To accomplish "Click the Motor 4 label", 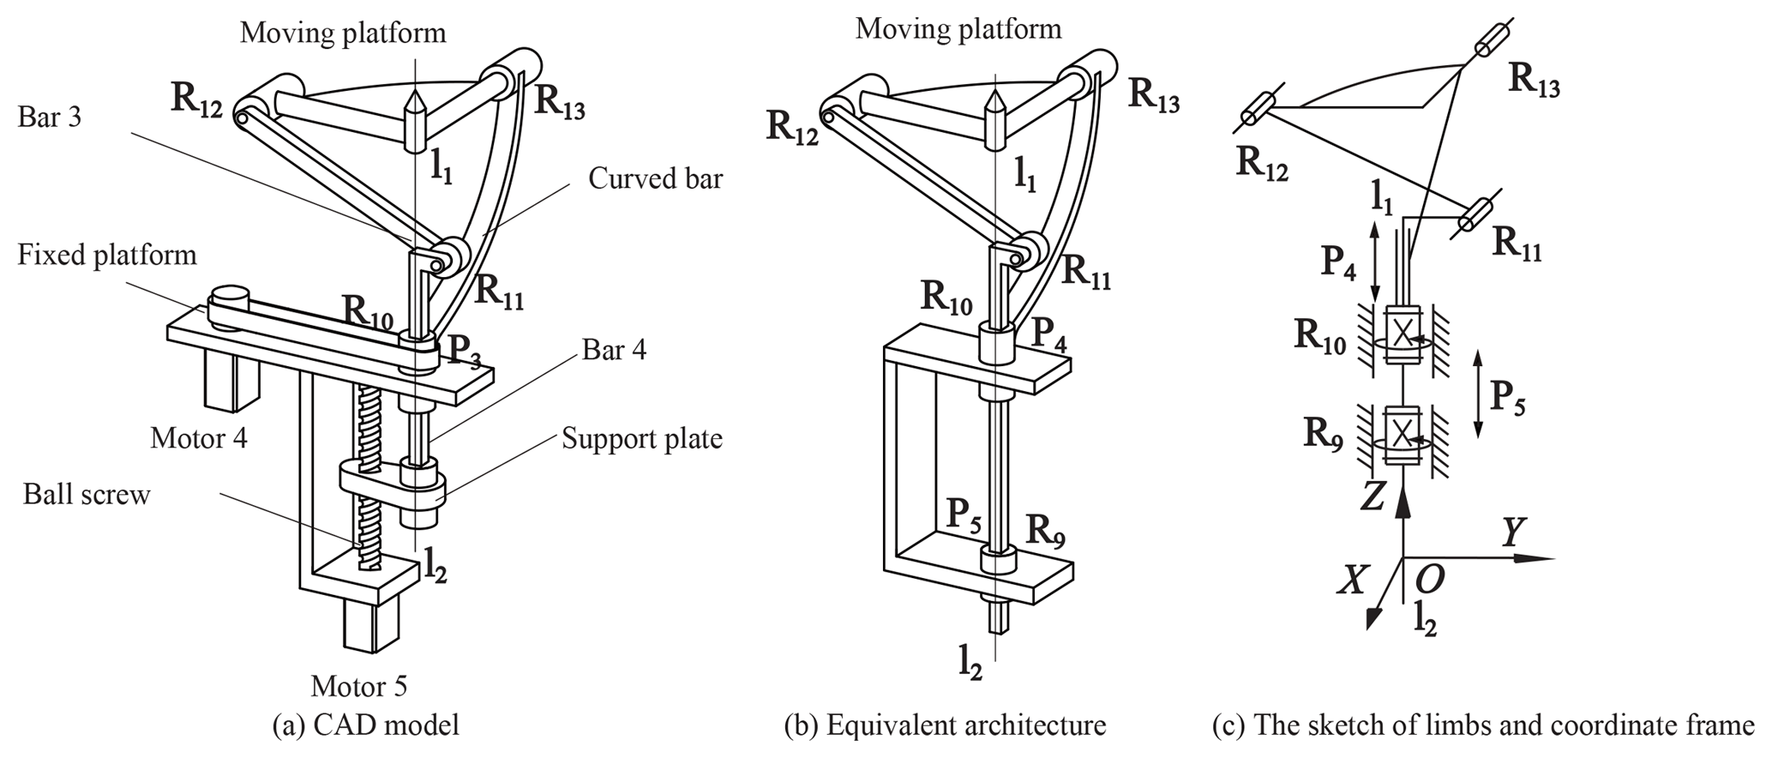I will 199,438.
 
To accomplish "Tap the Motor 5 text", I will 358,686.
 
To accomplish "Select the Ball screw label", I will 87,495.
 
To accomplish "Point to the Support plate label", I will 642,439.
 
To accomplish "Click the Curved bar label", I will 655,178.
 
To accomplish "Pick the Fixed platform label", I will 107,255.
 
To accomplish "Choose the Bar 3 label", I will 50,117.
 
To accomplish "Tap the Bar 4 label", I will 614,350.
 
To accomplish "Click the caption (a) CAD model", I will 365,725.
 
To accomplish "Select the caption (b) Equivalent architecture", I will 945,725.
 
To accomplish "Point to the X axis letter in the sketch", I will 1352,581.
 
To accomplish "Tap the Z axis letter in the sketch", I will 1373,496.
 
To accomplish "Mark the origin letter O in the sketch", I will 1429,581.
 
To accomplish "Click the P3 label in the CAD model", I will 464,352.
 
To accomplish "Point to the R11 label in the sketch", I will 1517,245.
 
